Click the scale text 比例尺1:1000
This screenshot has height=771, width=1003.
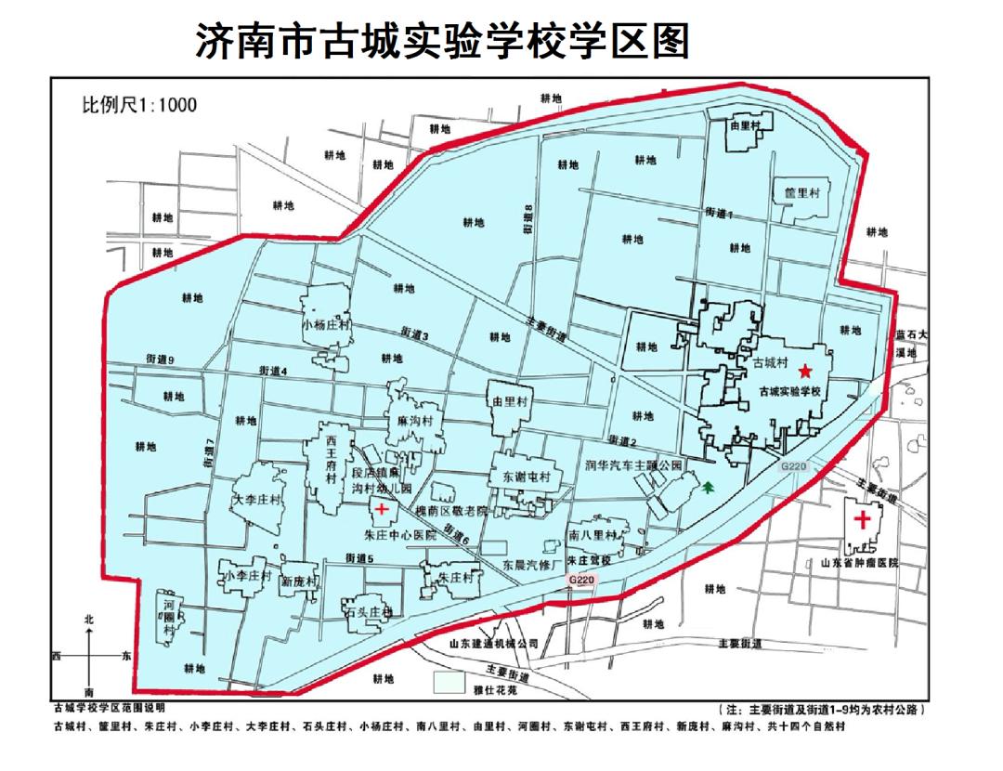click(139, 104)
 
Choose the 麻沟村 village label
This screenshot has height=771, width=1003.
click(414, 421)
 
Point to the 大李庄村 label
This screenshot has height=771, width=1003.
click(256, 500)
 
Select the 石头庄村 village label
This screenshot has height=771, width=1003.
click(369, 612)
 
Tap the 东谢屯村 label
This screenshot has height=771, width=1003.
click(526, 477)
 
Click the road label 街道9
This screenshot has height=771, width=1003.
click(160, 358)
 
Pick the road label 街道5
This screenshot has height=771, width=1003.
click(358, 558)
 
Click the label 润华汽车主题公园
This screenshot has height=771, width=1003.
click(633, 464)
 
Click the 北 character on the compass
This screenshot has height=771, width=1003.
click(88, 618)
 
